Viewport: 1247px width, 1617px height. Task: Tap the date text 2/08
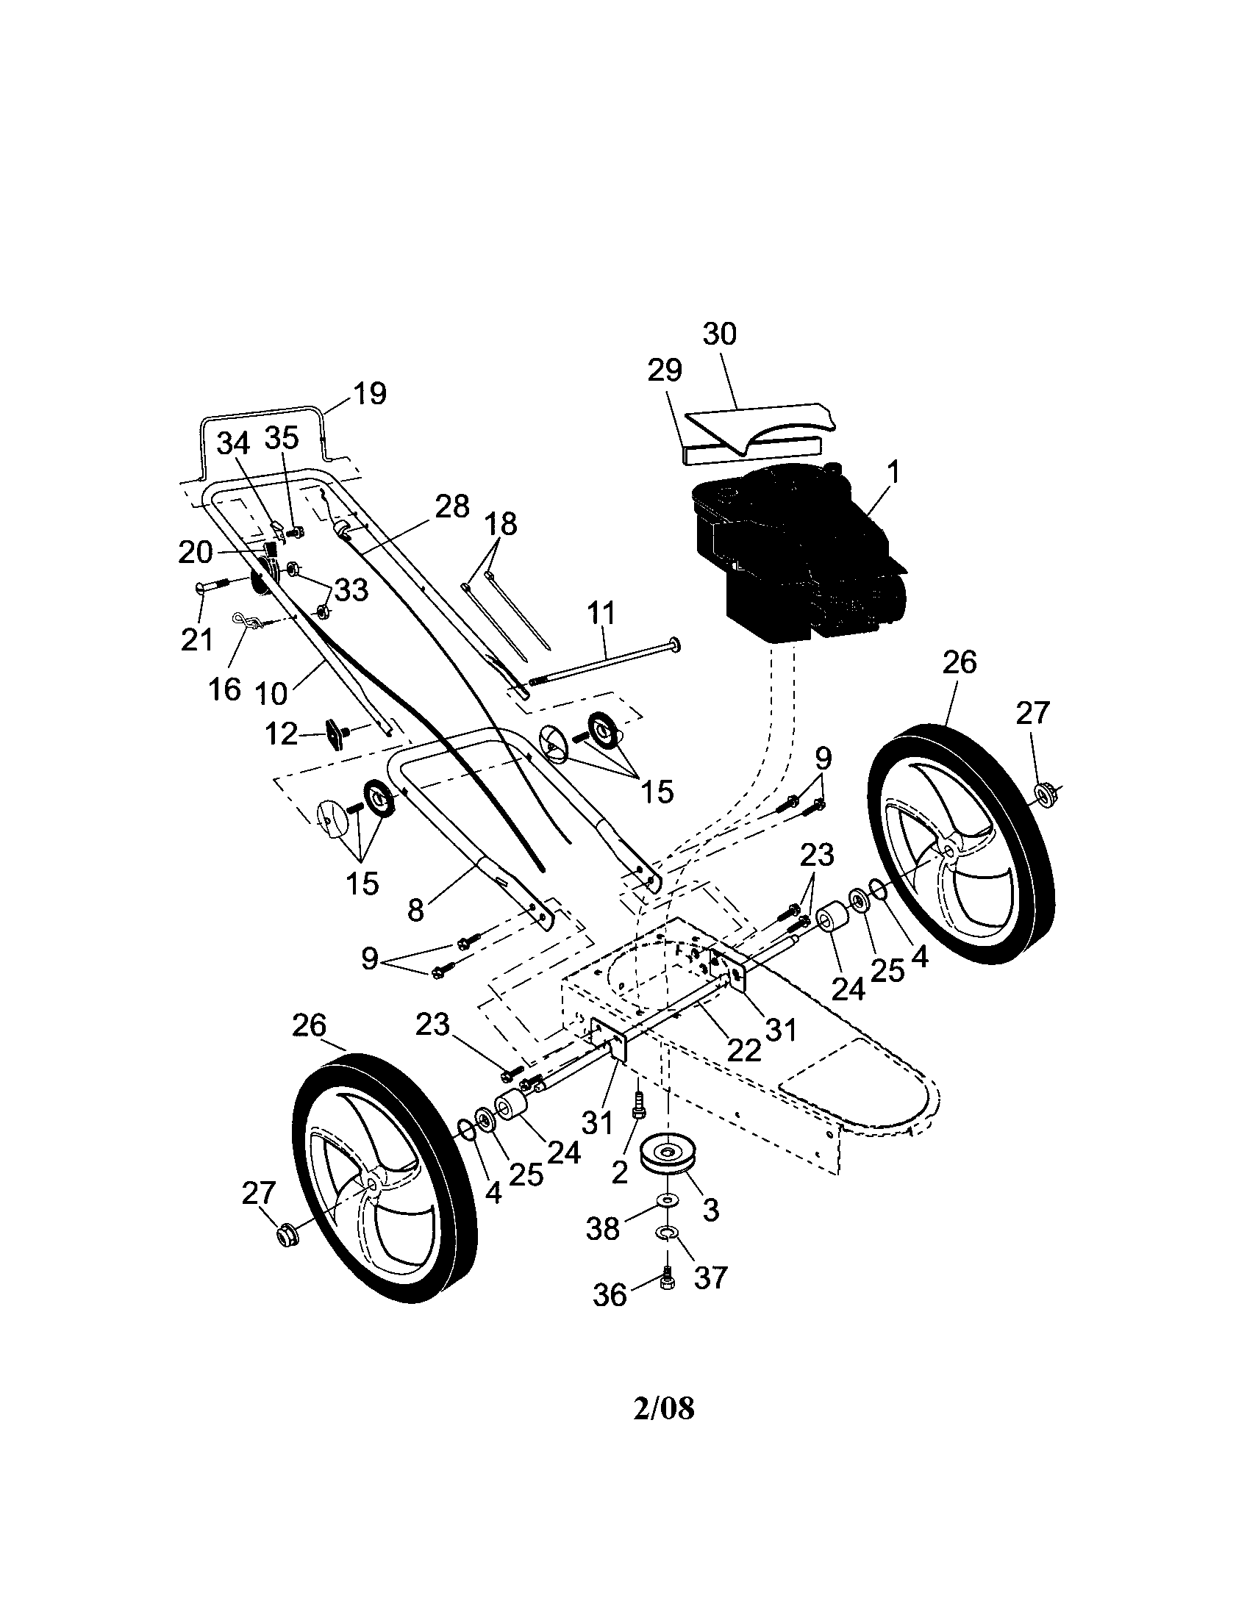tap(664, 1409)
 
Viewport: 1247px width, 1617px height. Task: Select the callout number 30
tap(719, 334)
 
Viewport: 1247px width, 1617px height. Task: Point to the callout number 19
tap(369, 393)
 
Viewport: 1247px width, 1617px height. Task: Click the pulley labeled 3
tap(668, 1155)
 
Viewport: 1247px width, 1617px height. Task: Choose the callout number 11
tap(601, 613)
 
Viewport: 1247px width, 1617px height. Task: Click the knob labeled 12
tap(335, 735)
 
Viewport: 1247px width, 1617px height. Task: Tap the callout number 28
tap(451, 506)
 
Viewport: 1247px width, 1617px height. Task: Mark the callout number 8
tap(415, 910)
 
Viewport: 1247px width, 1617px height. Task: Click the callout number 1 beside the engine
tap(893, 473)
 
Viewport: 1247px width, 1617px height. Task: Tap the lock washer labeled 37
tap(667, 1232)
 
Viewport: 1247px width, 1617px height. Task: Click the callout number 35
tap(282, 437)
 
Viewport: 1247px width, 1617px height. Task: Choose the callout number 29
tap(664, 370)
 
